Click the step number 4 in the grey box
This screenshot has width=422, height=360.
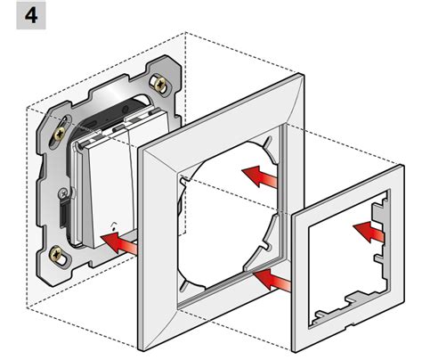click(31, 15)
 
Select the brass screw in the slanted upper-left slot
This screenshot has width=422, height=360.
click(61, 134)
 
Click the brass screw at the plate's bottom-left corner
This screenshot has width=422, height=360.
click(57, 255)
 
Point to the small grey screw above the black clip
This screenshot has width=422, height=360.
click(64, 193)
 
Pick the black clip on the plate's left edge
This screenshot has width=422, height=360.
click(63, 213)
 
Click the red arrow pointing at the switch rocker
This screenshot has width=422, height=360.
click(119, 243)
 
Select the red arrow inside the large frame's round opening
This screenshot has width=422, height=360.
click(260, 176)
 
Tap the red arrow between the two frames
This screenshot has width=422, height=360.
click(272, 279)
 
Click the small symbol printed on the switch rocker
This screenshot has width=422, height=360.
click(113, 226)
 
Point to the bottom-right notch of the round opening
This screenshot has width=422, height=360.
click(268, 245)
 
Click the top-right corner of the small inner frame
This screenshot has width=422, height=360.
click(402, 166)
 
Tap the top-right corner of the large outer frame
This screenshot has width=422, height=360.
click(303, 74)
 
